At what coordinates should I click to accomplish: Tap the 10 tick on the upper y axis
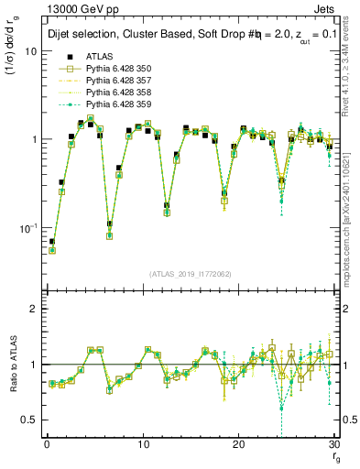click(30, 51)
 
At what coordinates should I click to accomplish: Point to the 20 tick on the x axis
click(238, 444)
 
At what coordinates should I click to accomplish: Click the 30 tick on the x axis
click(333, 444)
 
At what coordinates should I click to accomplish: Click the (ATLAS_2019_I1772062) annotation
click(190, 274)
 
